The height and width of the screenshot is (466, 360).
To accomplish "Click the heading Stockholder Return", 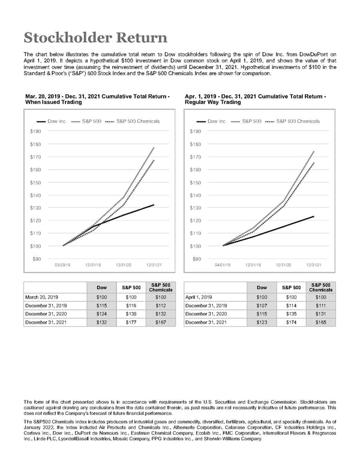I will pos(95,38).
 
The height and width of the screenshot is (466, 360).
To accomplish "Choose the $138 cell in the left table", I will pos(132,313).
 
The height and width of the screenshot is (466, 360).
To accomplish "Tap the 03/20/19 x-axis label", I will pos(63,265).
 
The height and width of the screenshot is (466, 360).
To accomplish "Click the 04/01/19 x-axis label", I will pos(223,265).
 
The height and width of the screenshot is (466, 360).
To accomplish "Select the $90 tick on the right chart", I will pos(196,258).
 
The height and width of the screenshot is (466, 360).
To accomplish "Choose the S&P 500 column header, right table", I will pos(292,288).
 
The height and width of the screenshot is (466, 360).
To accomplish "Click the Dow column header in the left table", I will pos(101,288).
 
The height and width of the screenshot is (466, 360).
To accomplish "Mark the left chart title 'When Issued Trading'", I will pos(54,102).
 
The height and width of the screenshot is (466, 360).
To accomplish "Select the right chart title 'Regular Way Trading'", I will pos(213,102).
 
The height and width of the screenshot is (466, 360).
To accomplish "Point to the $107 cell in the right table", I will pos(262,304).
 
